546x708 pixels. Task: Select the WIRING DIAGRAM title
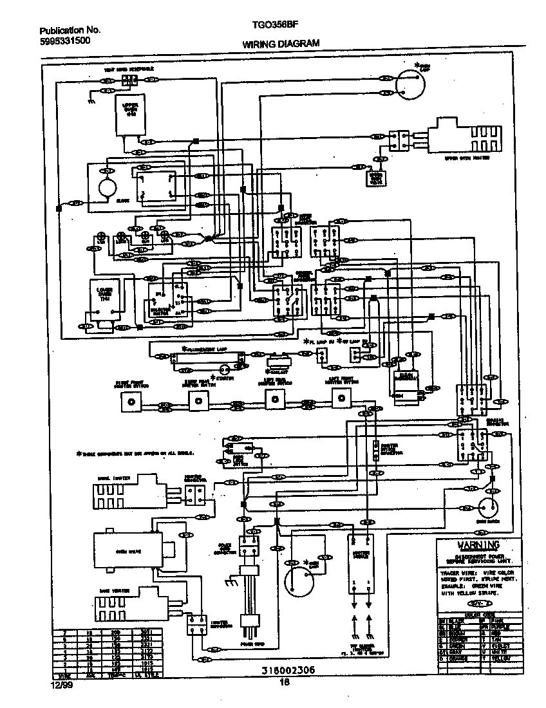point(281,44)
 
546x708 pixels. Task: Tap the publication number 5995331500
point(64,41)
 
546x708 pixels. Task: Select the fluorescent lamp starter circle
point(224,369)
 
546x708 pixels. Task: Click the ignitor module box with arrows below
point(361,564)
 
